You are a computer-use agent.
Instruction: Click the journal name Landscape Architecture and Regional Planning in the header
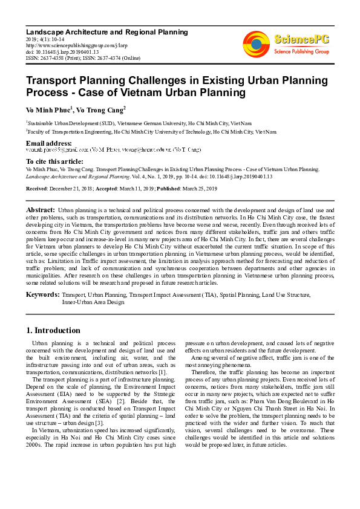97,31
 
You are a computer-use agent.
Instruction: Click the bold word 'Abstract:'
41,209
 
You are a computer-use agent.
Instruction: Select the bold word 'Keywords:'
42,294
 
